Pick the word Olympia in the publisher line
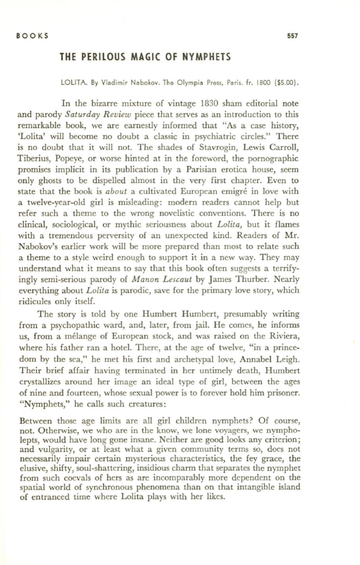pos(182,84)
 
